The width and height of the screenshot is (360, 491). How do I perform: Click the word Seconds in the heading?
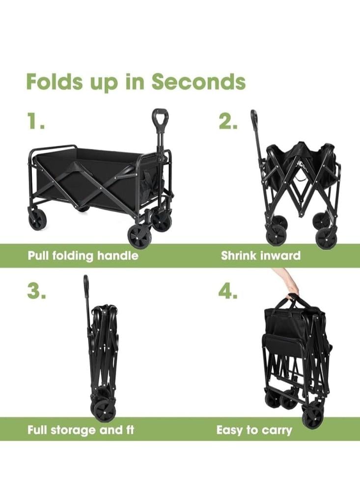tap(198, 82)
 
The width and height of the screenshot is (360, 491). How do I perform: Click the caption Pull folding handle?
tap(83, 255)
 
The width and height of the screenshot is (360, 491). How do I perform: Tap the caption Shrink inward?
tap(261, 255)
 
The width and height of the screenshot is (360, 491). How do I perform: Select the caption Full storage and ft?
tap(81, 430)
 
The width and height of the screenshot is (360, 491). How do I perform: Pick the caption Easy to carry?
tap(254, 430)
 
